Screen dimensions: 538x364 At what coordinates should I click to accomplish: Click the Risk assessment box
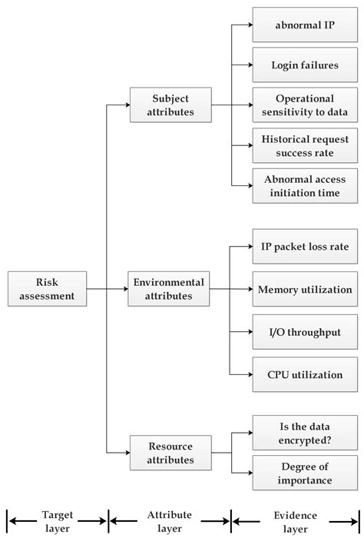[x=47, y=289]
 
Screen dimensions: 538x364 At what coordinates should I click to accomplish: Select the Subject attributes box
[x=170, y=105]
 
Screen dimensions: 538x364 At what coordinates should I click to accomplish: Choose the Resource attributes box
[x=170, y=452]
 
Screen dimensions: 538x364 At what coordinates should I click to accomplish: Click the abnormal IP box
[x=305, y=25]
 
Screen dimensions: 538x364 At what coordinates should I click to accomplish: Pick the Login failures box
[x=305, y=65]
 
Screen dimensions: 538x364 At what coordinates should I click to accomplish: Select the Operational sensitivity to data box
[x=305, y=105]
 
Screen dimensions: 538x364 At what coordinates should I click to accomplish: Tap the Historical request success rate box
[x=305, y=146]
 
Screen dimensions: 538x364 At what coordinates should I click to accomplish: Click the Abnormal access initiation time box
[x=305, y=186]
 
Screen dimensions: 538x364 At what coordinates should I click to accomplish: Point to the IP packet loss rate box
[x=305, y=247]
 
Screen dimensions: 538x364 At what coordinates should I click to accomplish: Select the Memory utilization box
[x=305, y=289]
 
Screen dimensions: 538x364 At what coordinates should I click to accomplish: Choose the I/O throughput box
[x=305, y=332]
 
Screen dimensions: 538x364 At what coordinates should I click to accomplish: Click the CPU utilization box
[x=305, y=374]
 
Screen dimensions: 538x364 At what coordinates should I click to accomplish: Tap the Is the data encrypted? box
[x=305, y=432]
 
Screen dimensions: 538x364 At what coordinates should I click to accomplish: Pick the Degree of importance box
[x=305, y=473]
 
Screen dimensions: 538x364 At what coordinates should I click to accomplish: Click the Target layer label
[x=58, y=520]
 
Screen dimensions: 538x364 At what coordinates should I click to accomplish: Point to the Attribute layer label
[x=170, y=520]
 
